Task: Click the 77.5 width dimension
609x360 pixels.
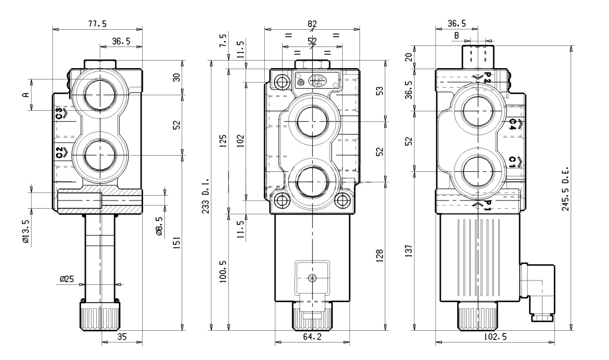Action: point(97,24)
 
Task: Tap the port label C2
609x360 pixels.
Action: point(61,152)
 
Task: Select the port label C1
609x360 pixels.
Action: point(514,162)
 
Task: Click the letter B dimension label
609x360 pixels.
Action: point(457,35)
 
